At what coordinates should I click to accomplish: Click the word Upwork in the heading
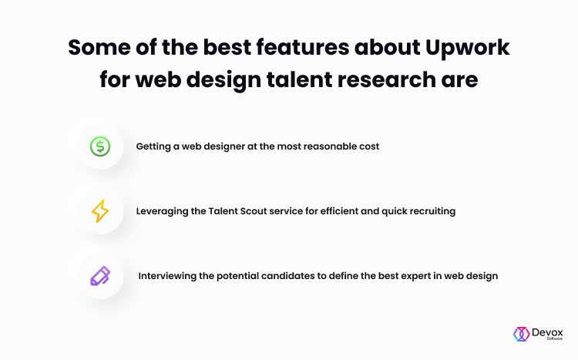tap(468, 49)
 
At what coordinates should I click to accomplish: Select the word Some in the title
tap(99, 47)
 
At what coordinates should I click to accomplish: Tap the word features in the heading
tap(303, 47)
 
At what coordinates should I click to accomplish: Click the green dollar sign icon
tap(100, 146)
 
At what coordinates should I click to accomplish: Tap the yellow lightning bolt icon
tap(100, 211)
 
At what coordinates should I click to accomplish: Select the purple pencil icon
tap(100, 276)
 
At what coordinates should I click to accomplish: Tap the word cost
tap(370, 146)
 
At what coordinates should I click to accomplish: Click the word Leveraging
tap(162, 212)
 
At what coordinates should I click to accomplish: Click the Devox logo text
tap(547, 333)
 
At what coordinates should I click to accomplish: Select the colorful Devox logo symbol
tap(521, 335)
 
